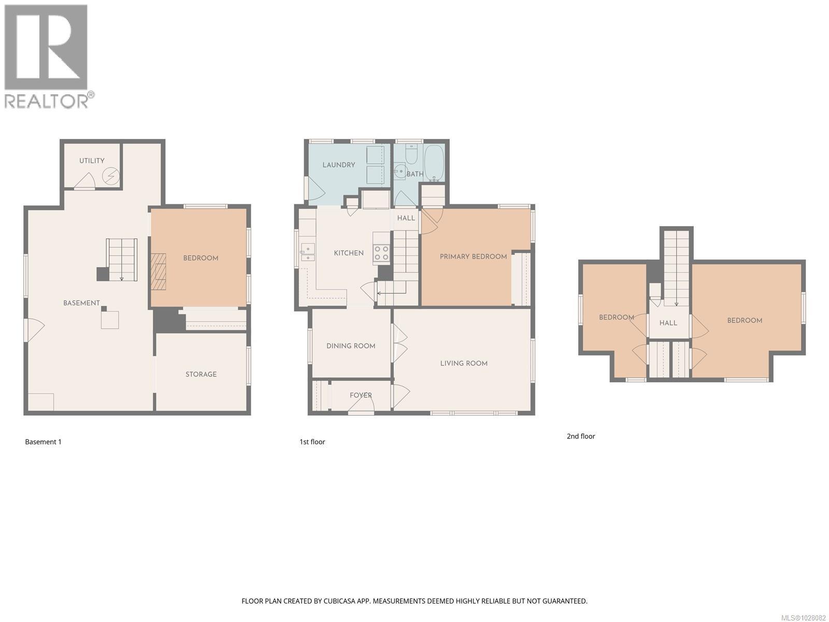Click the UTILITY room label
(x=92, y=161)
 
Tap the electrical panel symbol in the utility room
(x=111, y=177)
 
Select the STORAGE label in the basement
(x=201, y=374)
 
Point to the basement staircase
(x=122, y=259)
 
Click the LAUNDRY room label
(x=338, y=165)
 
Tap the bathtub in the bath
(x=434, y=163)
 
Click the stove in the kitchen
(x=382, y=253)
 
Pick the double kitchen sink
(x=307, y=252)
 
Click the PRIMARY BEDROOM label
(x=473, y=257)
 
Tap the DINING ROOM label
(x=351, y=346)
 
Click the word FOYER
(x=361, y=395)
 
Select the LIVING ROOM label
(x=464, y=363)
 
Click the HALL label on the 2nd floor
(x=668, y=323)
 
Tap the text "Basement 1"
(x=43, y=442)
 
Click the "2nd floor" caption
(x=580, y=436)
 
